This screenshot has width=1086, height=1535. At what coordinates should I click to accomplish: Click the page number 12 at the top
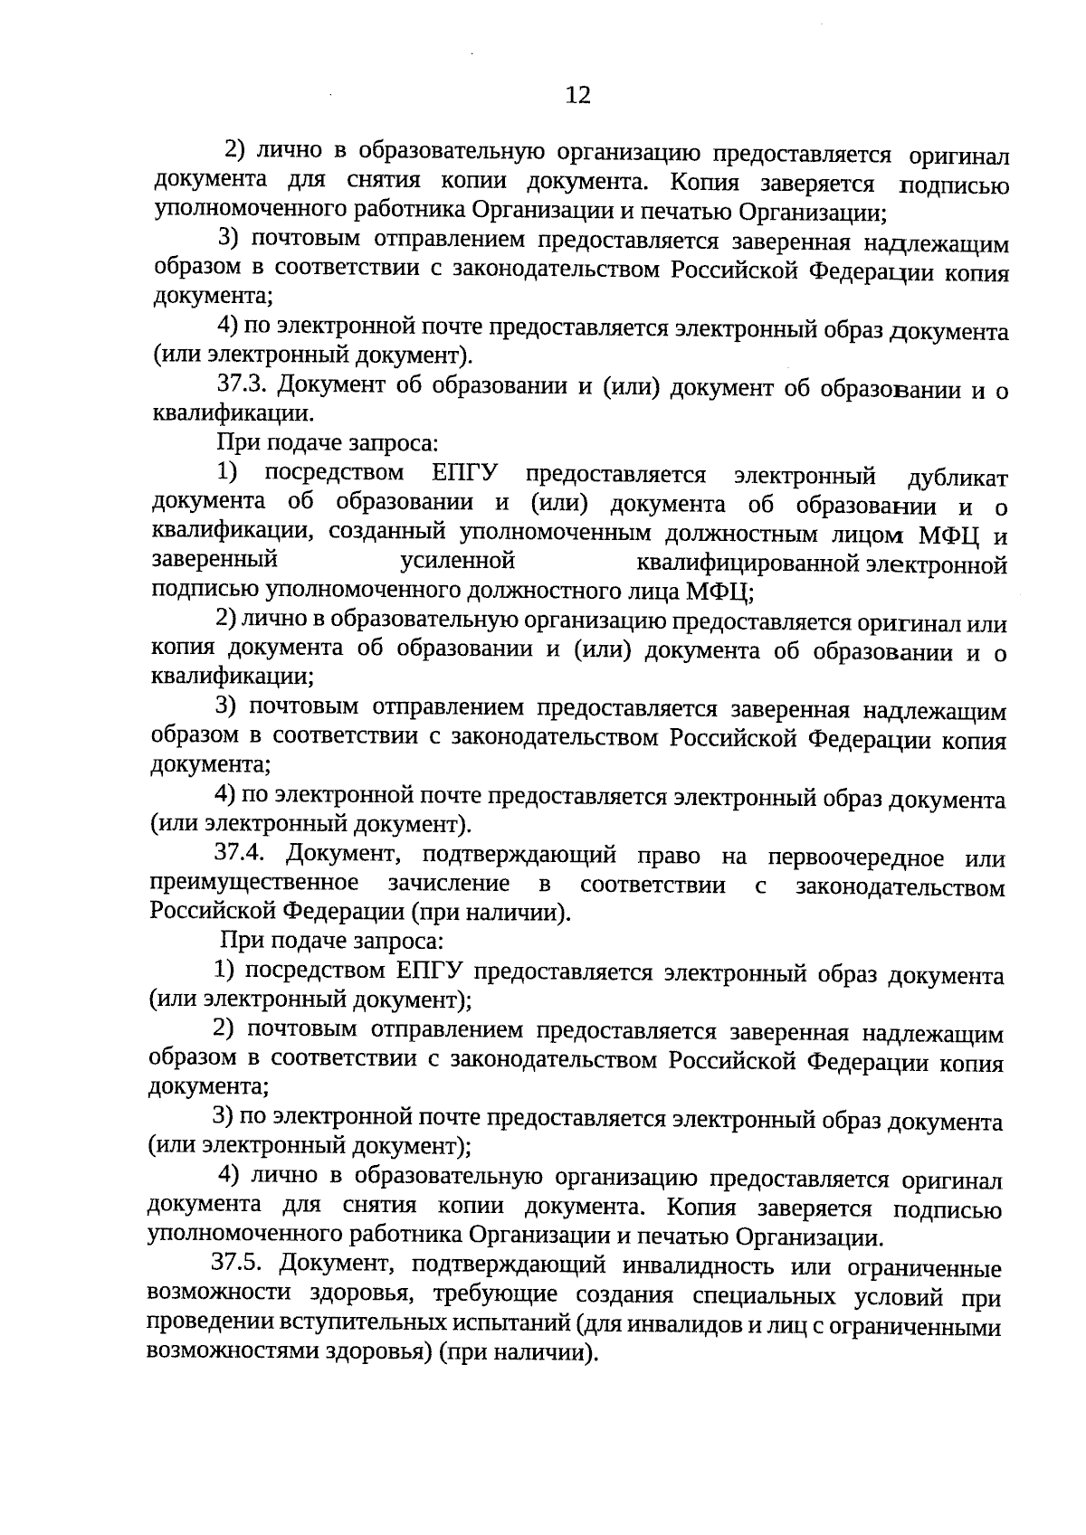coord(577,95)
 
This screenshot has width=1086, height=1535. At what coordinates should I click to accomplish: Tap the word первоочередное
coord(855,858)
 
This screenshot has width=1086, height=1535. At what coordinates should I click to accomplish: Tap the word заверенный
coord(214,560)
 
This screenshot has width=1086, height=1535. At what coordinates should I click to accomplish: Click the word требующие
coord(486,1293)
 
